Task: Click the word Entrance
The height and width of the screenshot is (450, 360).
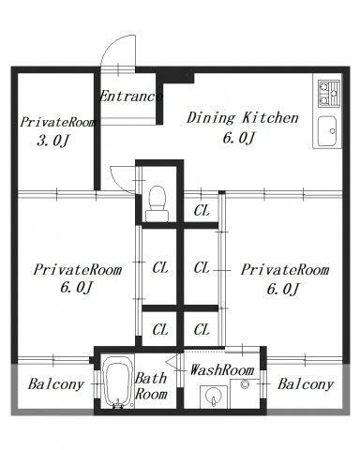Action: click(x=130, y=97)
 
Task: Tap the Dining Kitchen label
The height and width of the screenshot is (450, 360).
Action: click(x=243, y=118)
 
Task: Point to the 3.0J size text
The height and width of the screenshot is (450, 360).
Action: click(x=52, y=142)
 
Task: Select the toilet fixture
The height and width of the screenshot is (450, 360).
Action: click(x=157, y=203)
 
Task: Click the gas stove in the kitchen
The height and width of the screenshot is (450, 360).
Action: click(x=329, y=94)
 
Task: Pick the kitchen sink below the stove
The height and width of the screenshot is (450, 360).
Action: click(x=327, y=131)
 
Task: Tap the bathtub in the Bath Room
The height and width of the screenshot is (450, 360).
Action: click(x=116, y=382)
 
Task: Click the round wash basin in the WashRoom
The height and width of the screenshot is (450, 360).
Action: click(x=214, y=396)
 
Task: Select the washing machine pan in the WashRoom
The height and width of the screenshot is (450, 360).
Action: click(x=245, y=394)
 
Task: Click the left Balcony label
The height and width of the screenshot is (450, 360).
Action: click(x=56, y=384)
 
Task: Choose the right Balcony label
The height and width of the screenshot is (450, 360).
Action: click(x=306, y=384)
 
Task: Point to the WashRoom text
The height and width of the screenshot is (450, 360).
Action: click(x=222, y=370)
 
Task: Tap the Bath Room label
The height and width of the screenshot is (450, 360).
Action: click(x=151, y=386)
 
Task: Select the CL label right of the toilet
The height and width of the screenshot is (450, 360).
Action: click(x=202, y=211)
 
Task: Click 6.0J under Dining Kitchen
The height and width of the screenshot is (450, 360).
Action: click(x=239, y=138)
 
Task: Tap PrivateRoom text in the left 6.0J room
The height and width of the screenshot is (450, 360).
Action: click(x=78, y=269)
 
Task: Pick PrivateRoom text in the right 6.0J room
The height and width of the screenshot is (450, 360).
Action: click(x=285, y=269)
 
